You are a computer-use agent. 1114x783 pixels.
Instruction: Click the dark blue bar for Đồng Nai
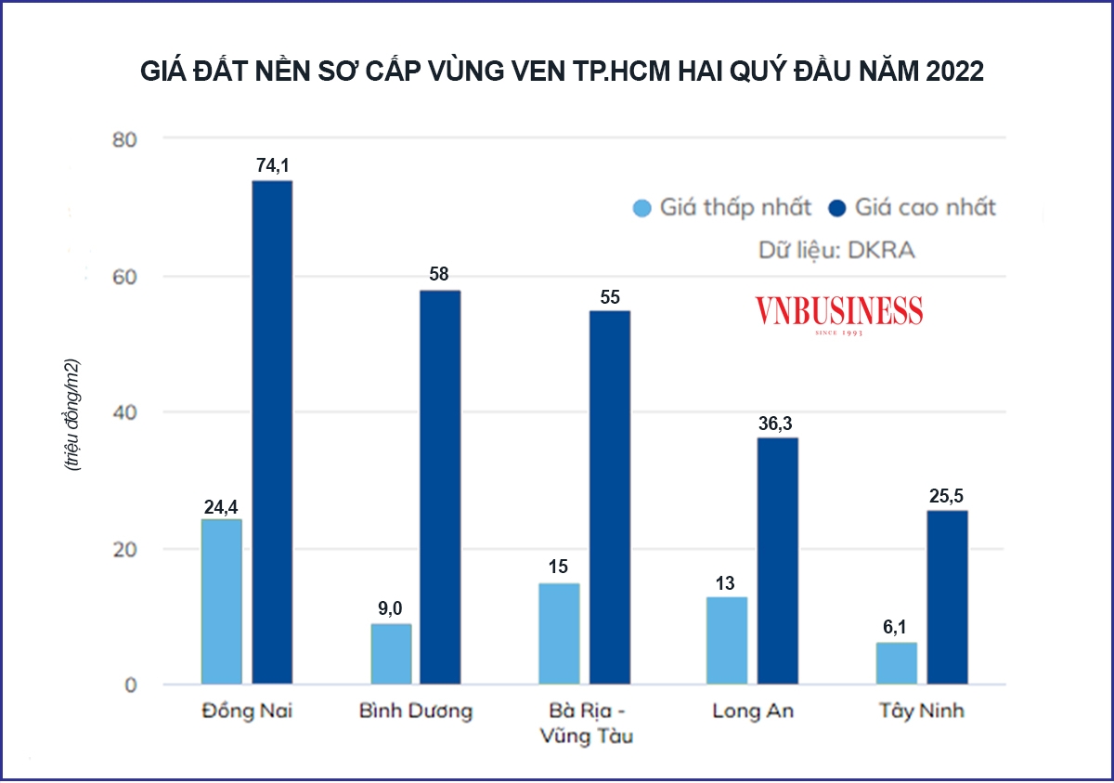click(x=273, y=433)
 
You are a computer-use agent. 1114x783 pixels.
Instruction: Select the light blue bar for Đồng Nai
click(x=222, y=602)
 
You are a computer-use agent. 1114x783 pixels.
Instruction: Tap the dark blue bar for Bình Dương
click(x=440, y=488)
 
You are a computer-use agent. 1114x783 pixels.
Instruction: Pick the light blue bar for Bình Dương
click(x=391, y=654)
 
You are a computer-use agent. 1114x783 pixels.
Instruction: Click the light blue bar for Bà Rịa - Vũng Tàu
click(x=559, y=633)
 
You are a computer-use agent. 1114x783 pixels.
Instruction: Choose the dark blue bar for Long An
click(x=778, y=561)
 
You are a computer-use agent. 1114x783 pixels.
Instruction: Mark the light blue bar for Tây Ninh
click(x=897, y=663)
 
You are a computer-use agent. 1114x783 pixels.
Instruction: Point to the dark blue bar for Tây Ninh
click(x=948, y=597)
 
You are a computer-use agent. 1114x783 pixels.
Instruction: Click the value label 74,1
click(x=273, y=166)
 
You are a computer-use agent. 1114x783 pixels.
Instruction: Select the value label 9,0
click(x=391, y=609)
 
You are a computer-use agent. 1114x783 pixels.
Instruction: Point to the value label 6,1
click(x=897, y=628)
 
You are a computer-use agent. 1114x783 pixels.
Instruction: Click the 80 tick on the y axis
click(x=123, y=139)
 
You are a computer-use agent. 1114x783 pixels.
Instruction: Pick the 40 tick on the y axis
click(x=123, y=412)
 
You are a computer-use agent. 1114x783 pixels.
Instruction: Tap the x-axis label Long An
click(x=753, y=711)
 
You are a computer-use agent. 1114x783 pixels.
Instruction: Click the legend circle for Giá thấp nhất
click(x=642, y=208)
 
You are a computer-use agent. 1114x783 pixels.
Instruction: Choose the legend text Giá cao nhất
click(x=925, y=207)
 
